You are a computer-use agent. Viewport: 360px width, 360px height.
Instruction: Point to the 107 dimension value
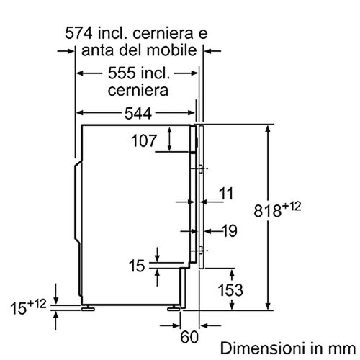[144, 141]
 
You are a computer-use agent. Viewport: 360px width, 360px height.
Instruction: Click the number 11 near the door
[226, 193]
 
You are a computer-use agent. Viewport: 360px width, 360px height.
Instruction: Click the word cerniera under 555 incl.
[138, 91]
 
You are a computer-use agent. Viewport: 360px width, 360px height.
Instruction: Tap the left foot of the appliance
[89, 307]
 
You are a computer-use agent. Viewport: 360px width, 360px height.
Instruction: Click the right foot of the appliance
[174, 307]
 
